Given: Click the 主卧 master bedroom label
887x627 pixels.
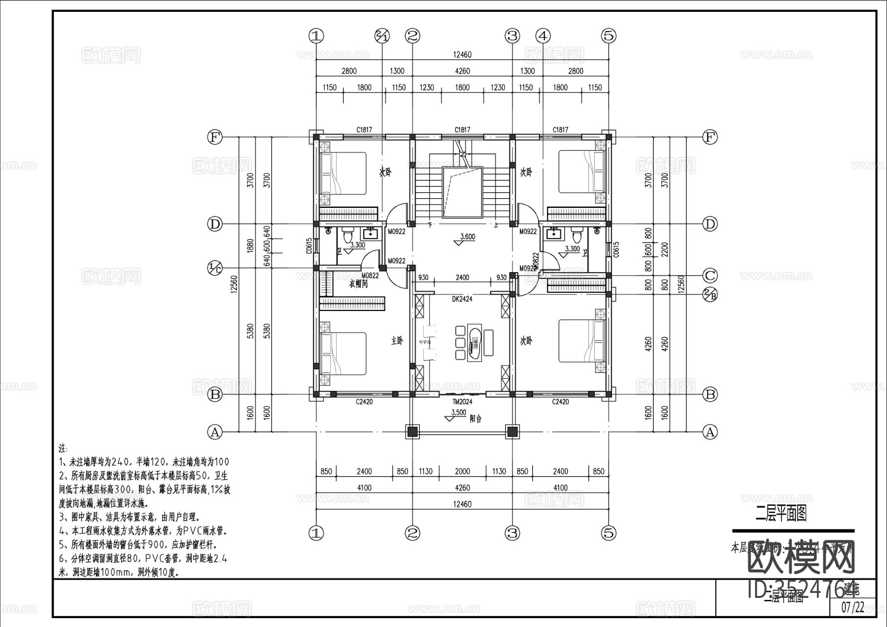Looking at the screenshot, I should (397, 341).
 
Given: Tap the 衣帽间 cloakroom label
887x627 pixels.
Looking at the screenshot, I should (359, 284).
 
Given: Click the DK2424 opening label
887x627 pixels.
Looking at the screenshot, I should (462, 299).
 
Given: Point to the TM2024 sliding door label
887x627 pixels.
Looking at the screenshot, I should (462, 402).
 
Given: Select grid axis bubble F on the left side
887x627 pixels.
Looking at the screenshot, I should (214, 137).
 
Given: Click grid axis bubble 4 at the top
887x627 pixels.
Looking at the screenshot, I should (543, 35).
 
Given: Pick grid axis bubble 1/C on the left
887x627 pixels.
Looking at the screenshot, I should (214, 268).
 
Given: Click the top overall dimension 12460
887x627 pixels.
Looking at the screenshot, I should (462, 55).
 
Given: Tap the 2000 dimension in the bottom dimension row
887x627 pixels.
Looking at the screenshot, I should (462, 471).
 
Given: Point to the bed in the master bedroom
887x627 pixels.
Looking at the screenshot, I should (343, 353).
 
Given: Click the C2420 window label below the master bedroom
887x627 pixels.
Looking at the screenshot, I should (364, 402).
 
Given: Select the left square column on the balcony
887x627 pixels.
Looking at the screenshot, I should (412, 432).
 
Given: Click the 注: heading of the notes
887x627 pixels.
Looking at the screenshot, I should (63, 450).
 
